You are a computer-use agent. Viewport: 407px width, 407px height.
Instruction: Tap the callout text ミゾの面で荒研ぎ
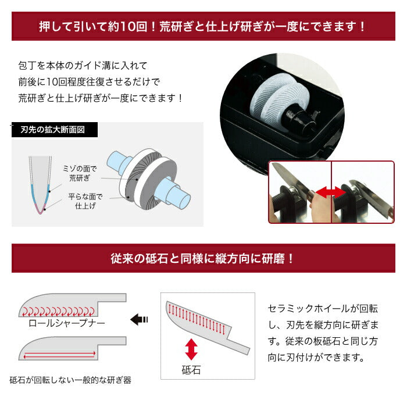[x=80, y=173]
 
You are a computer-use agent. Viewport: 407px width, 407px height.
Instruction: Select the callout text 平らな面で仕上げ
[x=85, y=201]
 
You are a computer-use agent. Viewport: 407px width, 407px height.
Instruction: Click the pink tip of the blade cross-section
[x=40, y=209]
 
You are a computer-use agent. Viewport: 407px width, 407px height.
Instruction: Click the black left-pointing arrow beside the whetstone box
[x=139, y=319]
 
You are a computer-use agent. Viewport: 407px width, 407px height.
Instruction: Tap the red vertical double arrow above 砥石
[x=191, y=349]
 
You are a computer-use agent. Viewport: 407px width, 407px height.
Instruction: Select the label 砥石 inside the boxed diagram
[x=191, y=370]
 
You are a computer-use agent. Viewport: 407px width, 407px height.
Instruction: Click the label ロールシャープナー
[x=67, y=323]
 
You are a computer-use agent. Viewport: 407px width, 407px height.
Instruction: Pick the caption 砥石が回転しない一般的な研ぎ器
[x=70, y=380]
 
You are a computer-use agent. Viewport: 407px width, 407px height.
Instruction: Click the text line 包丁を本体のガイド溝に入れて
[x=83, y=65]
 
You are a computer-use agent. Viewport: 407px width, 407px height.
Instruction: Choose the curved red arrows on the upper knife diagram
[x=58, y=311]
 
